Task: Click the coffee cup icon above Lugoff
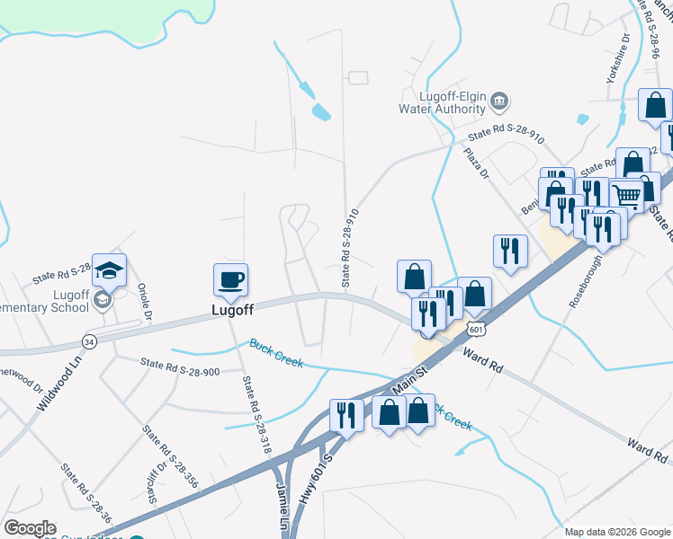pyautogui.click(x=230, y=279)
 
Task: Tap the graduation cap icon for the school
pyautogui.click(x=109, y=269)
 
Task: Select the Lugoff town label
pyautogui.click(x=232, y=309)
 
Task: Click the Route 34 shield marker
pyautogui.click(x=89, y=341)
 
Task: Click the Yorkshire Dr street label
pyautogui.click(x=617, y=60)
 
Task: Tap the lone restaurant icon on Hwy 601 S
pyautogui.click(x=345, y=415)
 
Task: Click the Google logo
pyautogui.click(x=30, y=528)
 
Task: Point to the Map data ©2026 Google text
pyautogui.click(x=616, y=531)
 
